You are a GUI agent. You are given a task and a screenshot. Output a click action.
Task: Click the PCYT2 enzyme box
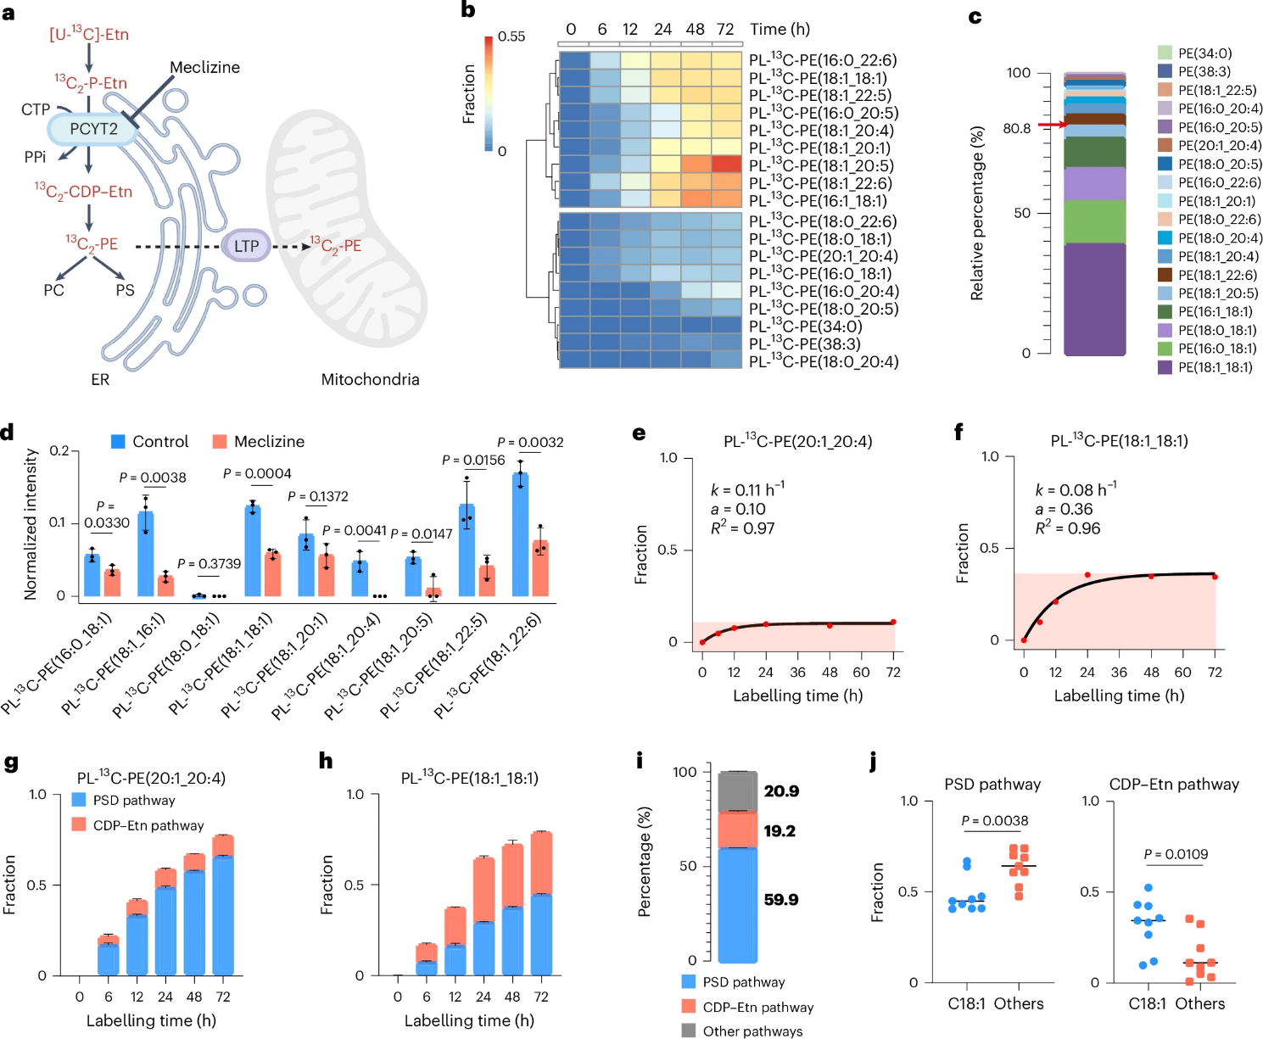coord(93,129)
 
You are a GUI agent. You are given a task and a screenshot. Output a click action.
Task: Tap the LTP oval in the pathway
coord(246,246)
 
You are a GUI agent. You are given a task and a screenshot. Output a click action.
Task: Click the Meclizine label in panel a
coord(204,67)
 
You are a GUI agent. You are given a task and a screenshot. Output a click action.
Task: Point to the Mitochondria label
coord(370,379)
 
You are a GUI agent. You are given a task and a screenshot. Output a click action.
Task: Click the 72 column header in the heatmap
coord(725,29)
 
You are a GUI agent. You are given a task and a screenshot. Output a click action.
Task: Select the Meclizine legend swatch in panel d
coord(220,441)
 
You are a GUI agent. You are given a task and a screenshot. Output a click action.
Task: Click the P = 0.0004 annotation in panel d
coord(257,473)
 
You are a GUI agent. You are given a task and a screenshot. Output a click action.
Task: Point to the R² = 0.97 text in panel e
coord(742,528)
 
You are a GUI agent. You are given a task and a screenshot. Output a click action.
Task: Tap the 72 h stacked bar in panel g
coord(223,905)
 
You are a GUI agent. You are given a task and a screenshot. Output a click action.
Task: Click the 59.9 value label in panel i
coord(780,900)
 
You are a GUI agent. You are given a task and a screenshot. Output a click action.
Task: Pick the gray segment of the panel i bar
coord(738,791)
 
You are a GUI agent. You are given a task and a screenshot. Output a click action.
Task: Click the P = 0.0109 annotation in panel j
coord(1175,854)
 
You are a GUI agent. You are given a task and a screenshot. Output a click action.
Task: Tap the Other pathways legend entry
coord(752,1031)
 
